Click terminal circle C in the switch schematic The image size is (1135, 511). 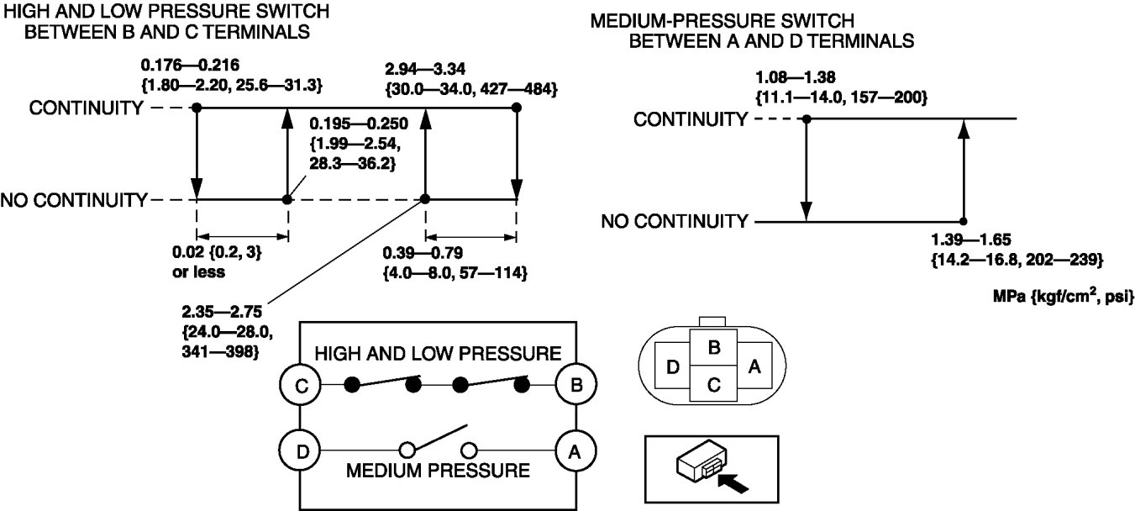coord(300,385)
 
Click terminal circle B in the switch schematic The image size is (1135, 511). coord(576,384)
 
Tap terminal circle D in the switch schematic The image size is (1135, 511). coord(300,450)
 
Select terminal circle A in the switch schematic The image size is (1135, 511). coord(576,450)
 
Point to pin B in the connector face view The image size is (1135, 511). coord(713,347)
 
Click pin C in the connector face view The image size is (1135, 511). coord(713,384)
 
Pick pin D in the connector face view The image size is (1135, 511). coord(672,366)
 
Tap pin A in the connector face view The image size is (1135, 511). coord(754,366)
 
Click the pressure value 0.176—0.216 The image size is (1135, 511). coord(190,65)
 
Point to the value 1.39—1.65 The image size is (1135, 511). coord(971,240)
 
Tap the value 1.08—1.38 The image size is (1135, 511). coord(796,77)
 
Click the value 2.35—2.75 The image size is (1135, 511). coord(222,311)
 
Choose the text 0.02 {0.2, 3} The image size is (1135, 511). coord(217,252)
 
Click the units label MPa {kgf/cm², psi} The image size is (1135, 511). coord(1064,296)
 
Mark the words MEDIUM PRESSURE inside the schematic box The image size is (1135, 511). coord(438,471)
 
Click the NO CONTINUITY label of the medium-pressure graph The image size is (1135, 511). coord(675,221)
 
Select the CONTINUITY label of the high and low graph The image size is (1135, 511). coord(87,108)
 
